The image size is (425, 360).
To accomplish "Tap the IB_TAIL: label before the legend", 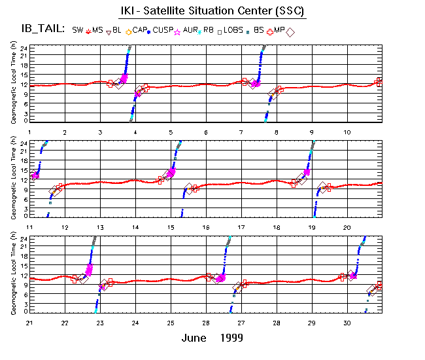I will point(42,29).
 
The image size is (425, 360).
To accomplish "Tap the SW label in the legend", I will point(78,30).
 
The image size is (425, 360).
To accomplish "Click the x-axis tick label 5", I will point(171,132).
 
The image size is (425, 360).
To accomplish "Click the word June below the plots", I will point(196,338).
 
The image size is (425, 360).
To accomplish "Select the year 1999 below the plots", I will point(231,338).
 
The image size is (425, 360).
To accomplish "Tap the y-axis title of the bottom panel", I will point(14,274).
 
